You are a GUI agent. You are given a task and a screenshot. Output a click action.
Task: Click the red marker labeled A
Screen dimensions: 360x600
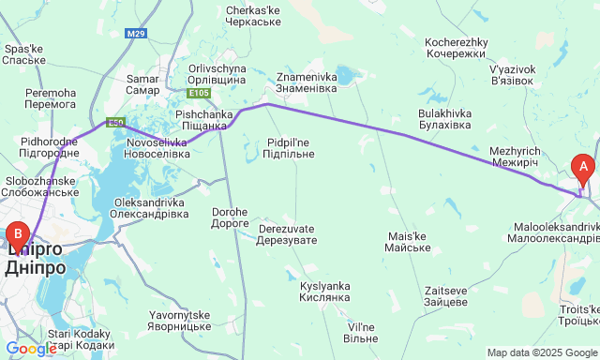coord(583,170)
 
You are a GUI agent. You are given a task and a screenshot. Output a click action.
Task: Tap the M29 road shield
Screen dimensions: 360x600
coord(137,34)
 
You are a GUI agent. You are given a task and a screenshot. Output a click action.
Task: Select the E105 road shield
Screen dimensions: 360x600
coord(198,93)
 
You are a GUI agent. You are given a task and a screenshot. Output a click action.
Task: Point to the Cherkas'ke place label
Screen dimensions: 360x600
coord(255,18)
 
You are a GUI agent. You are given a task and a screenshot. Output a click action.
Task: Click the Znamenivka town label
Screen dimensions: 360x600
coord(311,82)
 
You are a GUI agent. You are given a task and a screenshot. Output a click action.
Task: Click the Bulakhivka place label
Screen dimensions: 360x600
coord(444,119)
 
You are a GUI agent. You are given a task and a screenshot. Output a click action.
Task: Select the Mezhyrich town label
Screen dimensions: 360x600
coord(514,157)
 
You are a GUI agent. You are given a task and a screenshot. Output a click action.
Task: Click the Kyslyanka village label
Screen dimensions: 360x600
coord(324,291)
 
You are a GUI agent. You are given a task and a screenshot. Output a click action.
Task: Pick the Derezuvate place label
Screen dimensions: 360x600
coord(288,234)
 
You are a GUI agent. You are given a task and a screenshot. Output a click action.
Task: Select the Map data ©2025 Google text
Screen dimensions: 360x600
coord(541,352)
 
